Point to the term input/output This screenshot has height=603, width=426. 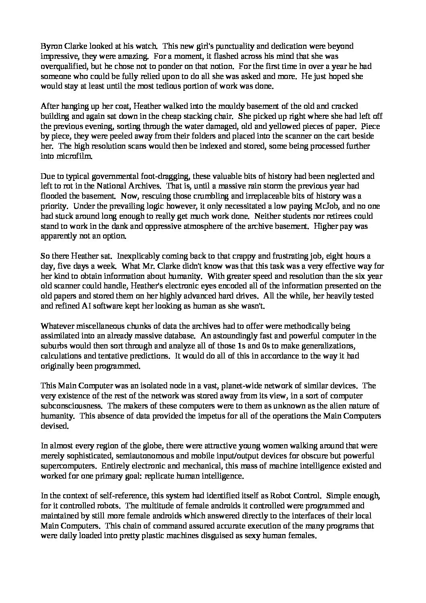tap(248, 456)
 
